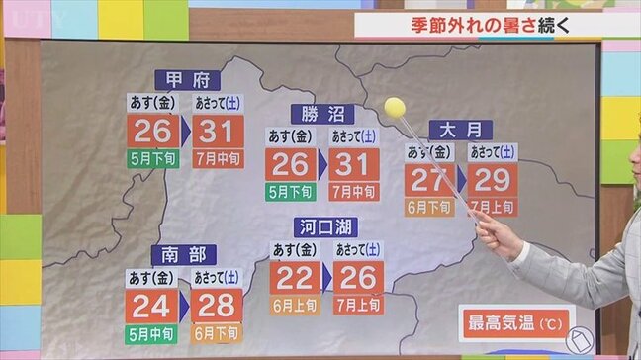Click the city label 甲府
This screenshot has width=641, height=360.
coord(187,80)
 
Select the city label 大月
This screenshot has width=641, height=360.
coord(460,130)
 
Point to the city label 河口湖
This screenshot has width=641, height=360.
coord(324,227)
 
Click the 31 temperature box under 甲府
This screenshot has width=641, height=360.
coord(217,132)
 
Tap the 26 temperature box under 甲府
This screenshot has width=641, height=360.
coord(152,132)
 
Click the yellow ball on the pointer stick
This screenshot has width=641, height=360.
coord(395,106)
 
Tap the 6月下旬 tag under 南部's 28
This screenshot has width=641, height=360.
coord(217,333)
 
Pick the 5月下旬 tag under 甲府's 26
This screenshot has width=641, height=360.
coord(152,158)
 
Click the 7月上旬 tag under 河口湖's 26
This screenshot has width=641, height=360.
coord(358,305)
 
